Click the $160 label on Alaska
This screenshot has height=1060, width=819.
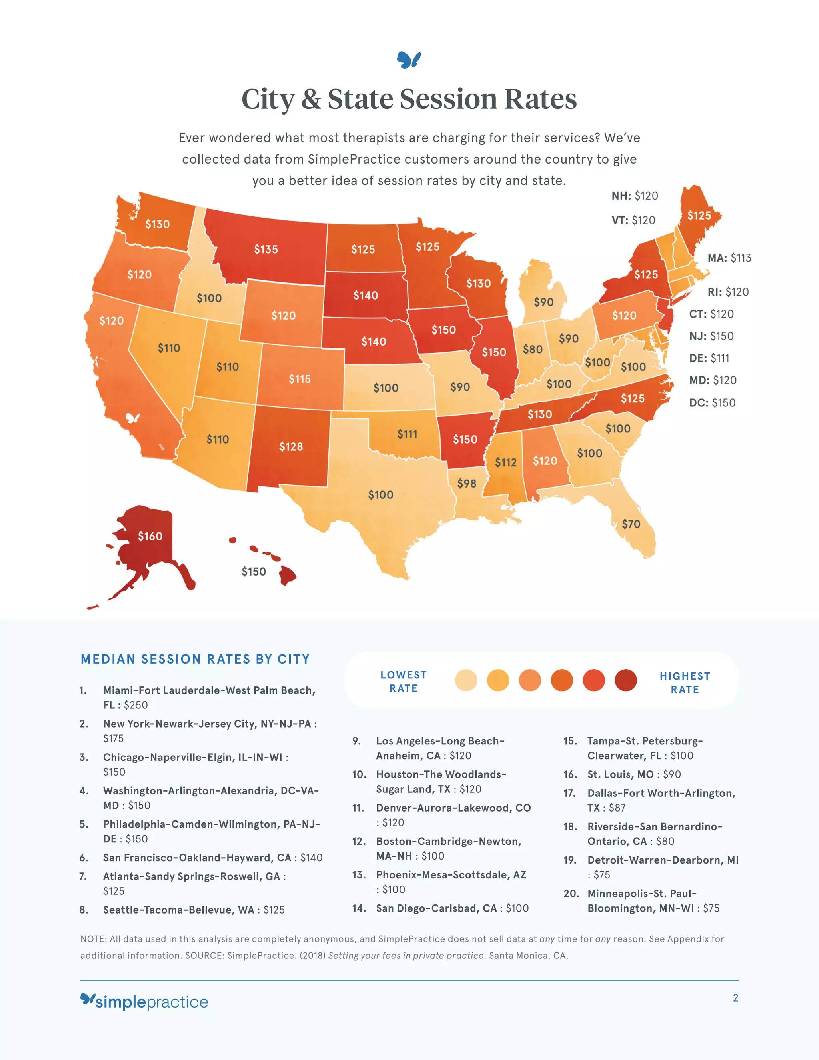[x=150, y=536]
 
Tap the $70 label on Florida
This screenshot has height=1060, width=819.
[x=631, y=524]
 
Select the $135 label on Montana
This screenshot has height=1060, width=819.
[x=266, y=249]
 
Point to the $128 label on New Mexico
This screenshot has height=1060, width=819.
[x=291, y=446]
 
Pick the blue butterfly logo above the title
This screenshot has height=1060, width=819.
[x=409, y=60]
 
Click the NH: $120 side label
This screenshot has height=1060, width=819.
[x=635, y=196]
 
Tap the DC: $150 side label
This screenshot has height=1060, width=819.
[x=712, y=402]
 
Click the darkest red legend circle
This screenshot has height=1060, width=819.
[x=625, y=680]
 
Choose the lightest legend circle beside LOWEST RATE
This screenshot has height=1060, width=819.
[x=466, y=680]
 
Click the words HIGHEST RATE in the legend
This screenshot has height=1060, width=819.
[x=685, y=682]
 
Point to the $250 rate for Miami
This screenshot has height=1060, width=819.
[x=136, y=705]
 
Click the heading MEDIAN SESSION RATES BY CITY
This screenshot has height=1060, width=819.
[x=195, y=659]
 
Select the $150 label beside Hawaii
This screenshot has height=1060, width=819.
[x=254, y=571]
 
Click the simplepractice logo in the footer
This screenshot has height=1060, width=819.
[x=144, y=1001]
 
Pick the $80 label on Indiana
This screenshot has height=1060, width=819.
[x=532, y=349]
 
